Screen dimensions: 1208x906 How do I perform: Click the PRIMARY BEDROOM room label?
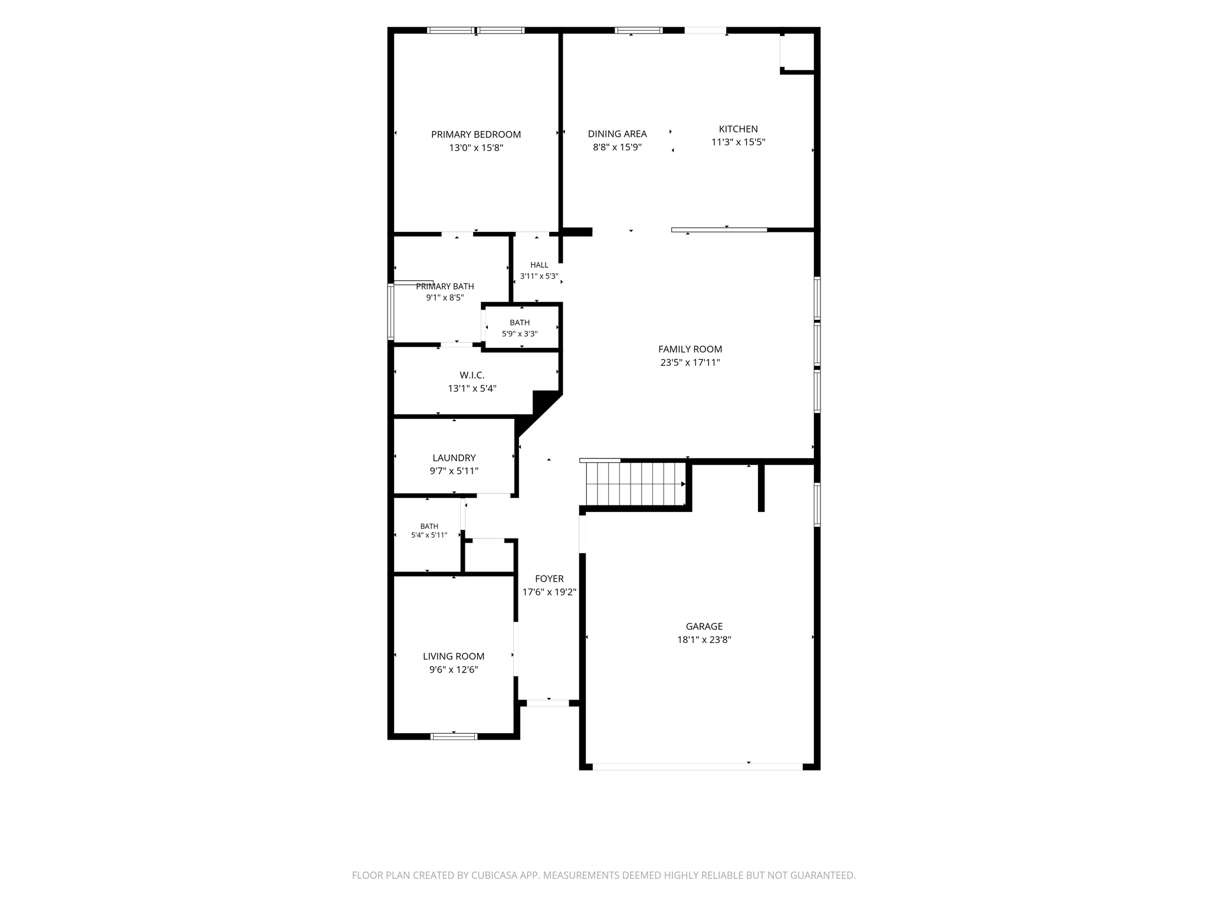pos(476,134)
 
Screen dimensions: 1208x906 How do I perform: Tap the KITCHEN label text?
pos(738,129)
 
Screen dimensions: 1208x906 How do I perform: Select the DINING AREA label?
pos(618,134)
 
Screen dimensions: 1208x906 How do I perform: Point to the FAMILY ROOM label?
pos(690,349)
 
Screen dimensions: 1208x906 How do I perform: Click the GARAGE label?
pos(704,626)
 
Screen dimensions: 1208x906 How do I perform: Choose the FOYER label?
pos(549,579)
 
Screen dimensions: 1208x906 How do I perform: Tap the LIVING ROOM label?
pos(454,656)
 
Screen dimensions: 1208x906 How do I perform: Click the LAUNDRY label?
pos(454,458)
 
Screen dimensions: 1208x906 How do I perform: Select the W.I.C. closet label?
pos(472,375)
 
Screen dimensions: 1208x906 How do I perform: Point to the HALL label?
pos(539,265)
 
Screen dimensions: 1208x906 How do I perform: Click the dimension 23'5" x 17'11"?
pos(690,363)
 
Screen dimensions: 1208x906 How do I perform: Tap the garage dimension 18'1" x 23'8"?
pos(704,640)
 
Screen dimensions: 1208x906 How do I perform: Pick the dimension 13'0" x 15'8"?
pos(476,148)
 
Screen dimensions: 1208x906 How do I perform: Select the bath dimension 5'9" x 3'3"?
pos(520,334)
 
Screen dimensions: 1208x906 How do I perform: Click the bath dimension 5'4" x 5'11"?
pos(429,536)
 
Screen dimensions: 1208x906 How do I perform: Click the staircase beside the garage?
pos(635,484)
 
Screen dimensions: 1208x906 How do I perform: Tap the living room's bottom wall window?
pos(454,736)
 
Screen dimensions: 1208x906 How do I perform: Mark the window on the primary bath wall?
pos(390,312)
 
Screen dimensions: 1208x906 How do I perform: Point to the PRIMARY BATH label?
pos(445,287)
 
